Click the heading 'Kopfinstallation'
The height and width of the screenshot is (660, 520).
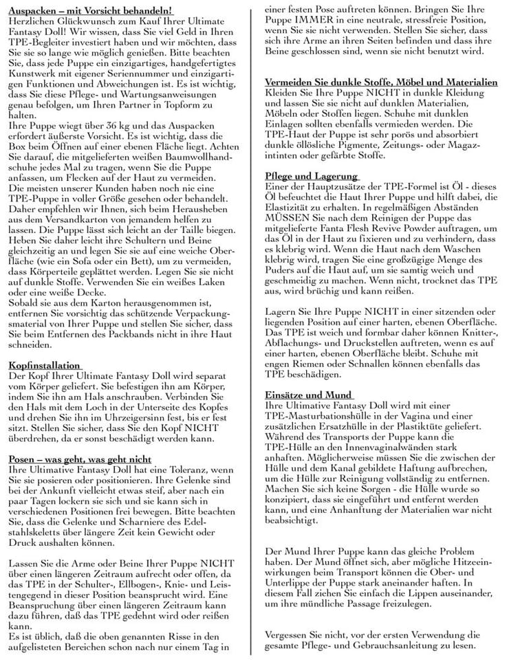45,365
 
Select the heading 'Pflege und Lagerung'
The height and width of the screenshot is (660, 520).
311,176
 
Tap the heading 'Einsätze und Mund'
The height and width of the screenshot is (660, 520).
309,395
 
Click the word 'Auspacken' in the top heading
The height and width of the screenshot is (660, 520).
34,10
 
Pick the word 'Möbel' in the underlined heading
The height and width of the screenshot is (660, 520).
393,82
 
